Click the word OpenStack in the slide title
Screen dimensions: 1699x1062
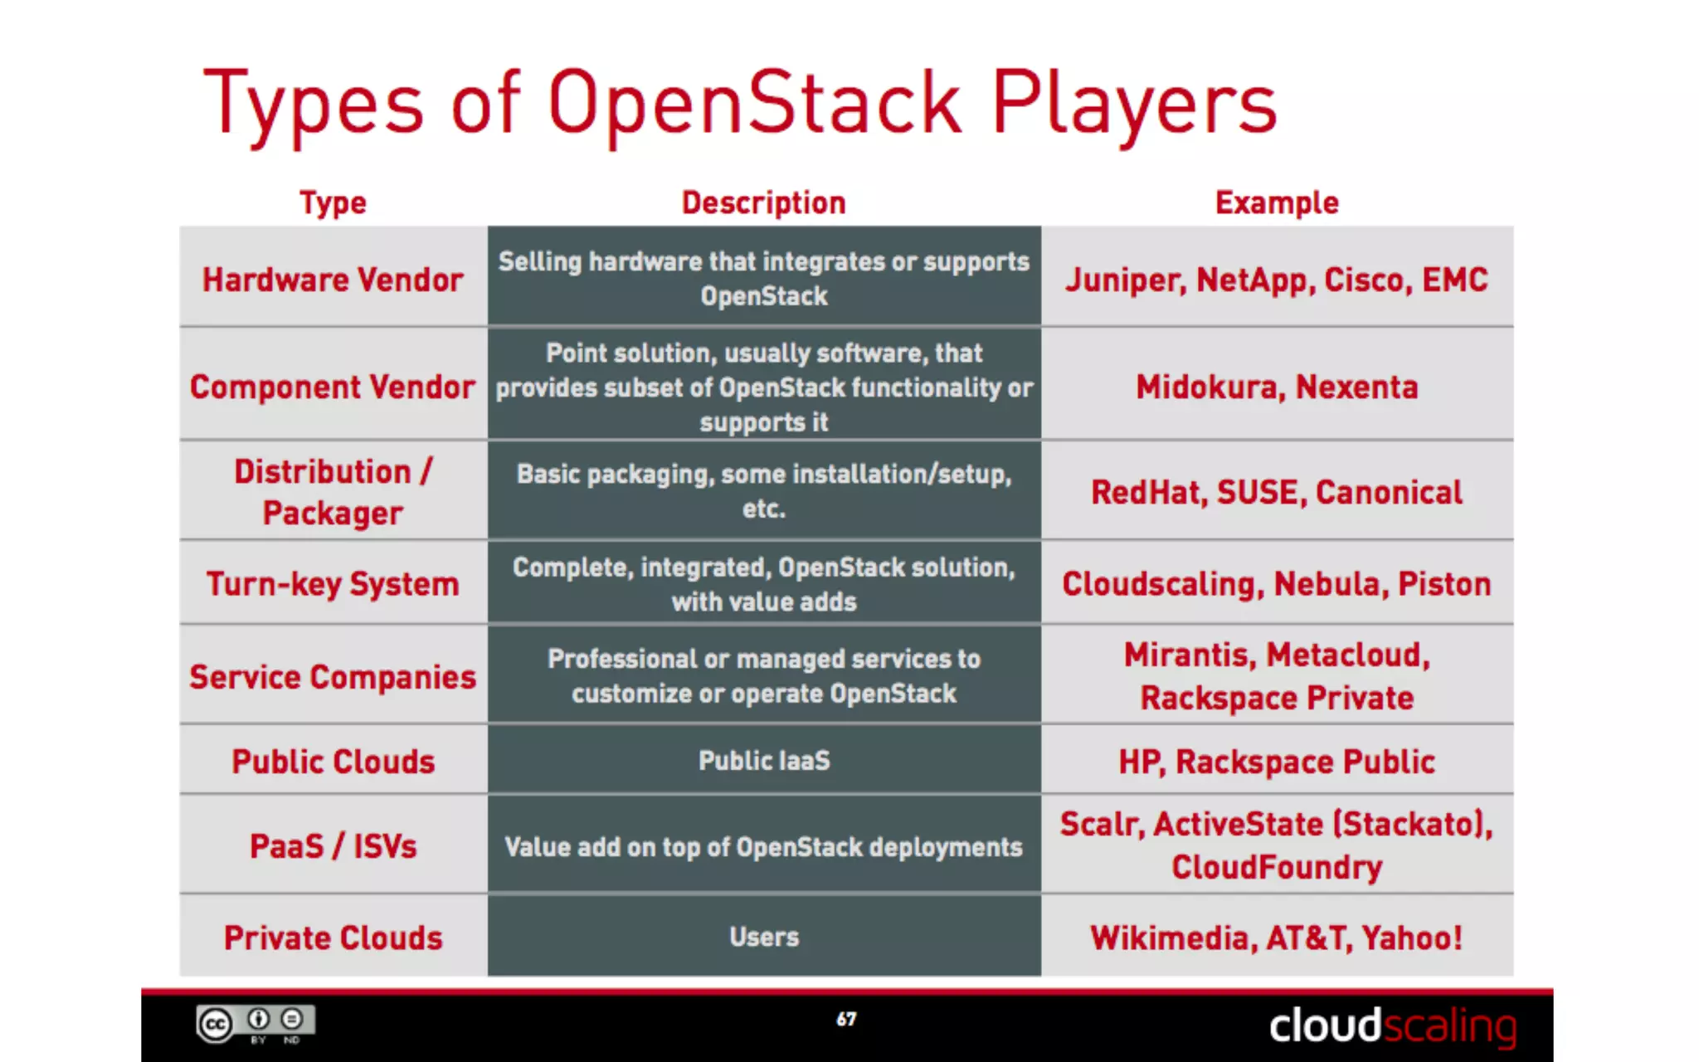coord(753,103)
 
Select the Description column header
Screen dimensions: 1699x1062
coord(763,202)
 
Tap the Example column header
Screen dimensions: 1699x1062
coord(1277,202)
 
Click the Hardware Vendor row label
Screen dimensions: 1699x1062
coord(333,280)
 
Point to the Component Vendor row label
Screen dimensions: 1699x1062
coord(333,387)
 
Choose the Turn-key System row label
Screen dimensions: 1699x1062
coord(333,584)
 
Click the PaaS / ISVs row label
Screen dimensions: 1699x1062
coord(333,846)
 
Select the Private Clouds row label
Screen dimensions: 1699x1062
coord(333,938)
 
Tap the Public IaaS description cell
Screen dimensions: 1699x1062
coord(764,760)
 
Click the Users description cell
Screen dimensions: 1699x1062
coord(764,937)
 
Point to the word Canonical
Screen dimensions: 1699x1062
coord(1389,493)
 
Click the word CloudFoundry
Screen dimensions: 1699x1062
coord(1277,867)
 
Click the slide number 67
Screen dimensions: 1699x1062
coord(846,1019)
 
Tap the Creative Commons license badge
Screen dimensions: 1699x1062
coord(256,1024)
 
